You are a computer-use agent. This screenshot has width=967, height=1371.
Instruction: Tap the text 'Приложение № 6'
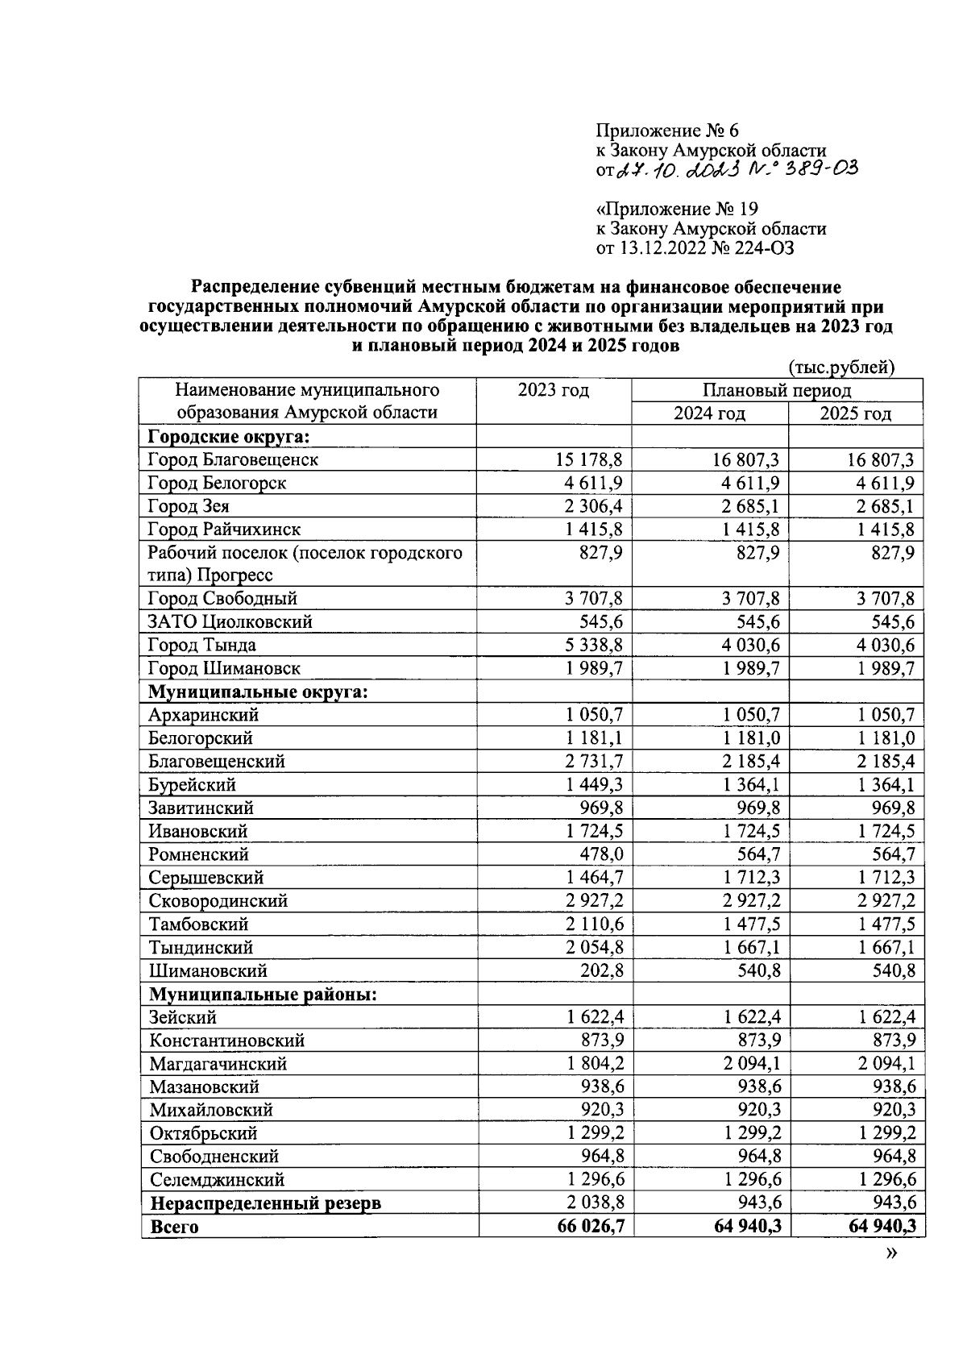[x=666, y=131]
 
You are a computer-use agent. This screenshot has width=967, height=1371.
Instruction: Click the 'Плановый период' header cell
[x=776, y=391]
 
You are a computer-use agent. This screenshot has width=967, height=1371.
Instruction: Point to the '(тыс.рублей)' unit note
[x=841, y=368]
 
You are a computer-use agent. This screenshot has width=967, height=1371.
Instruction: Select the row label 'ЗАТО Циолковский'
[x=230, y=621]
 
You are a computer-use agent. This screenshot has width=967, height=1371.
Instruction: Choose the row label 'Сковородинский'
[x=218, y=900]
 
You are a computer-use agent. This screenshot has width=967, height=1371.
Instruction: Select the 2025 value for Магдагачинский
[x=884, y=1064]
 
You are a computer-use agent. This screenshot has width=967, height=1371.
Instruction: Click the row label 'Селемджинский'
[x=218, y=1180]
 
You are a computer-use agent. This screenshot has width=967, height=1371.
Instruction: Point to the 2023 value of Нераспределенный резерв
[x=593, y=1203]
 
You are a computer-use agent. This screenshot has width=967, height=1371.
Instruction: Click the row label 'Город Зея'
[x=189, y=506]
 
